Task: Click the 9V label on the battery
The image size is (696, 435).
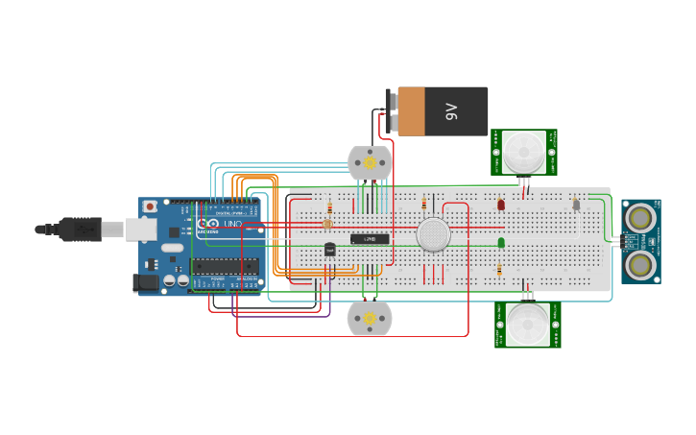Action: (452, 111)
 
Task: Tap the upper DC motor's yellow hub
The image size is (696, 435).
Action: (370, 163)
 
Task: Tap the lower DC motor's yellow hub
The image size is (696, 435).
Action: (370, 319)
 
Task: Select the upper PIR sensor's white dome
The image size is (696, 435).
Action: (524, 151)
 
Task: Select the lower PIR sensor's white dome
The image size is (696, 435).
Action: (527, 325)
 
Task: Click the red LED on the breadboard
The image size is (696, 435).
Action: (501, 205)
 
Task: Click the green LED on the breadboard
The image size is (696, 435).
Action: (501, 243)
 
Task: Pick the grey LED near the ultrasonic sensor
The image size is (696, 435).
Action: (576, 204)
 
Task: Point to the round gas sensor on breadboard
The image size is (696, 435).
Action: (434, 234)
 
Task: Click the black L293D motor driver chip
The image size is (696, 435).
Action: (370, 238)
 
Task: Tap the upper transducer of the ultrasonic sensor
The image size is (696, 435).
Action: (637, 219)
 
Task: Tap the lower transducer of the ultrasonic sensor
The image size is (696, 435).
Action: (637, 263)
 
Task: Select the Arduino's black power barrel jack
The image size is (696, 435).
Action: (145, 282)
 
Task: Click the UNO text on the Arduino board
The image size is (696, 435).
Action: (233, 224)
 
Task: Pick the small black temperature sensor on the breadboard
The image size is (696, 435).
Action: (329, 249)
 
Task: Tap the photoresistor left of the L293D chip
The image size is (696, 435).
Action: (327, 224)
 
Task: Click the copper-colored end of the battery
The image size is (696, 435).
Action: (411, 111)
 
